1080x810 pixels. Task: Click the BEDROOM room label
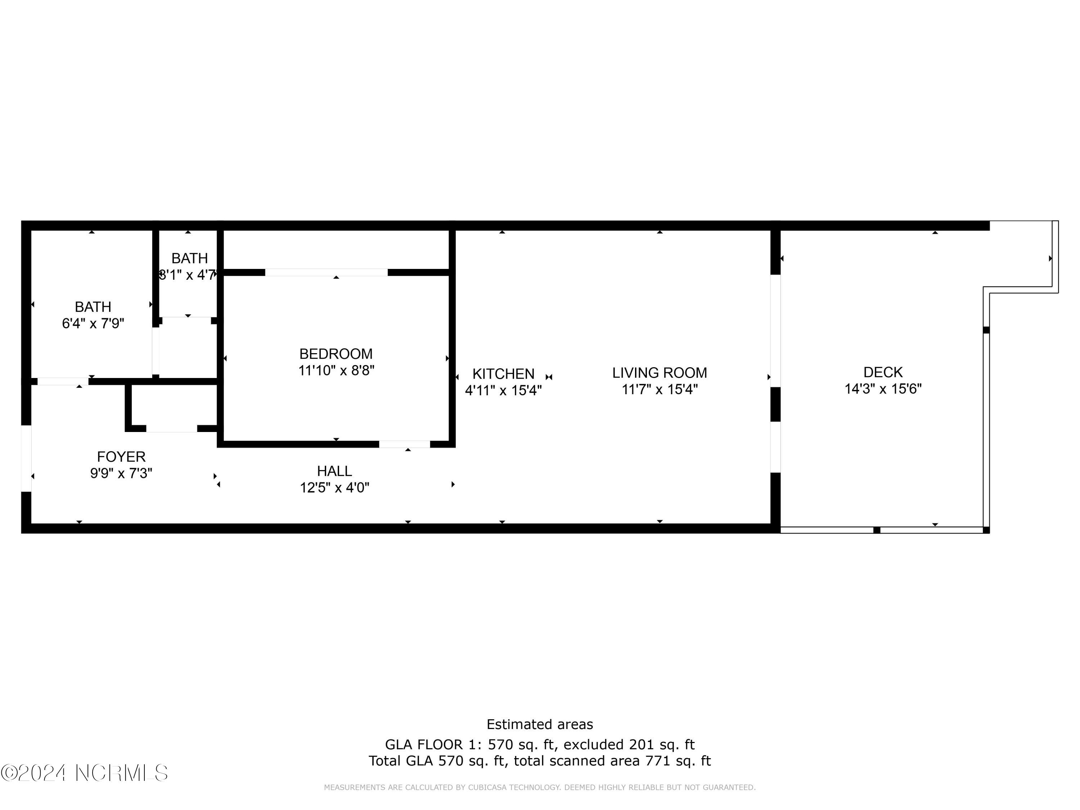[x=336, y=354]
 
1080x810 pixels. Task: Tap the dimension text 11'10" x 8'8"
[x=336, y=370]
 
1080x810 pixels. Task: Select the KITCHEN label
[x=503, y=374]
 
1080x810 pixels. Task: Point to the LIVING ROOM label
[x=660, y=373]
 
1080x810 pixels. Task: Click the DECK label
[x=883, y=373]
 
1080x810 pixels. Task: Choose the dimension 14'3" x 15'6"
[x=883, y=389]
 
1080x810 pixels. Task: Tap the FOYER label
[x=121, y=457]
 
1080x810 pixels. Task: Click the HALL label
[x=334, y=471]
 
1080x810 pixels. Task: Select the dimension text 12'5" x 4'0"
[x=334, y=488]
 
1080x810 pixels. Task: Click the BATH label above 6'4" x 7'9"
[x=93, y=307]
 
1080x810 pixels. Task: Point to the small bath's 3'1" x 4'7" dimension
[x=188, y=275]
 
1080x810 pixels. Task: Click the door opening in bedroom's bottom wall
[x=404, y=444]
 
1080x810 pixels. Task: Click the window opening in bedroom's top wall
[x=326, y=273]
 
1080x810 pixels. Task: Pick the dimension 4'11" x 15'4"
[x=503, y=391]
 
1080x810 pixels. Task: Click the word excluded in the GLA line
[x=595, y=744]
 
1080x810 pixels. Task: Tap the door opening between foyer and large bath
[x=63, y=381]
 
